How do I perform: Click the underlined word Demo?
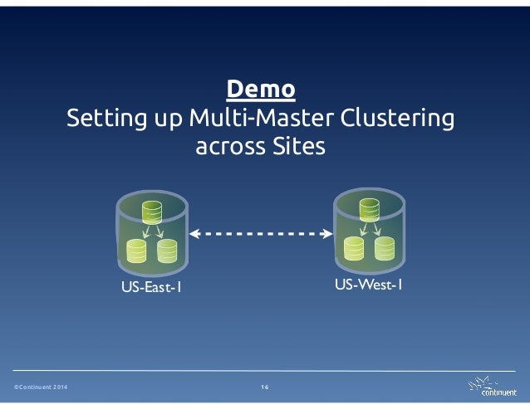260,89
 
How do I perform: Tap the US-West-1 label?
369,285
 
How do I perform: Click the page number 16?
264,388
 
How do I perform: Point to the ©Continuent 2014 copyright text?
41,388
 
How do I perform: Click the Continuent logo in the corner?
493,387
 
